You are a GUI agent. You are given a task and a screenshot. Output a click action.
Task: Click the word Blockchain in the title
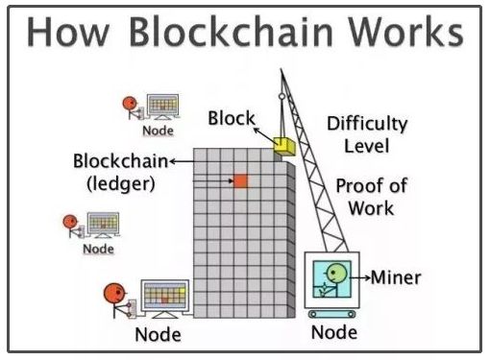coord(232,32)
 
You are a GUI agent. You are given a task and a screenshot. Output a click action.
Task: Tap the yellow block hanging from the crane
coord(284,147)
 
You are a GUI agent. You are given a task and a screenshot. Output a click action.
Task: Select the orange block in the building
coord(240,181)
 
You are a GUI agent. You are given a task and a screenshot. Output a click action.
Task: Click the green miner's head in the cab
coord(336,273)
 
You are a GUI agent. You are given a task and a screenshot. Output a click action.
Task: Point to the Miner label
coord(396,277)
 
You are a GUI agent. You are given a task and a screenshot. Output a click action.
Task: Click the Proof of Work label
coord(372,197)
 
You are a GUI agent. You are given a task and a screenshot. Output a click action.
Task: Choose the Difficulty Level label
coord(367,134)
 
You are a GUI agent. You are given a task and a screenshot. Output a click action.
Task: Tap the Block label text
coord(232,118)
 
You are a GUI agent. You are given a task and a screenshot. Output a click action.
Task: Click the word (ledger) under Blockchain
coord(121,183)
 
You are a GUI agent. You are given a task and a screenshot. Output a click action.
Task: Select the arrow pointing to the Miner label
coord(359,277)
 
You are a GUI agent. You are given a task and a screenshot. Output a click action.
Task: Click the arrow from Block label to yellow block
coord(265,135)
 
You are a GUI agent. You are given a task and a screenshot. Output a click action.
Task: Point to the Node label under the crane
coord(334,332)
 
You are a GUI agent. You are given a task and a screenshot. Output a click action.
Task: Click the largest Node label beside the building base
coord(159,335)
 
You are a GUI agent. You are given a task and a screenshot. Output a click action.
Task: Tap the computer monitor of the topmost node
coord(163,105)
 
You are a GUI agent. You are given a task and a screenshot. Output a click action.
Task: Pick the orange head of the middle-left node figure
coord(70,222)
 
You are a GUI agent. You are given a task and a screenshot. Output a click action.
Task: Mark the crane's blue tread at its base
coord(332,314)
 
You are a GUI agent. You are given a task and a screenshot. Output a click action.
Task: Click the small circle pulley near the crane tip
coord(282,96)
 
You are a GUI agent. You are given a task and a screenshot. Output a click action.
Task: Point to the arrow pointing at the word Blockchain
coord(182,161)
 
